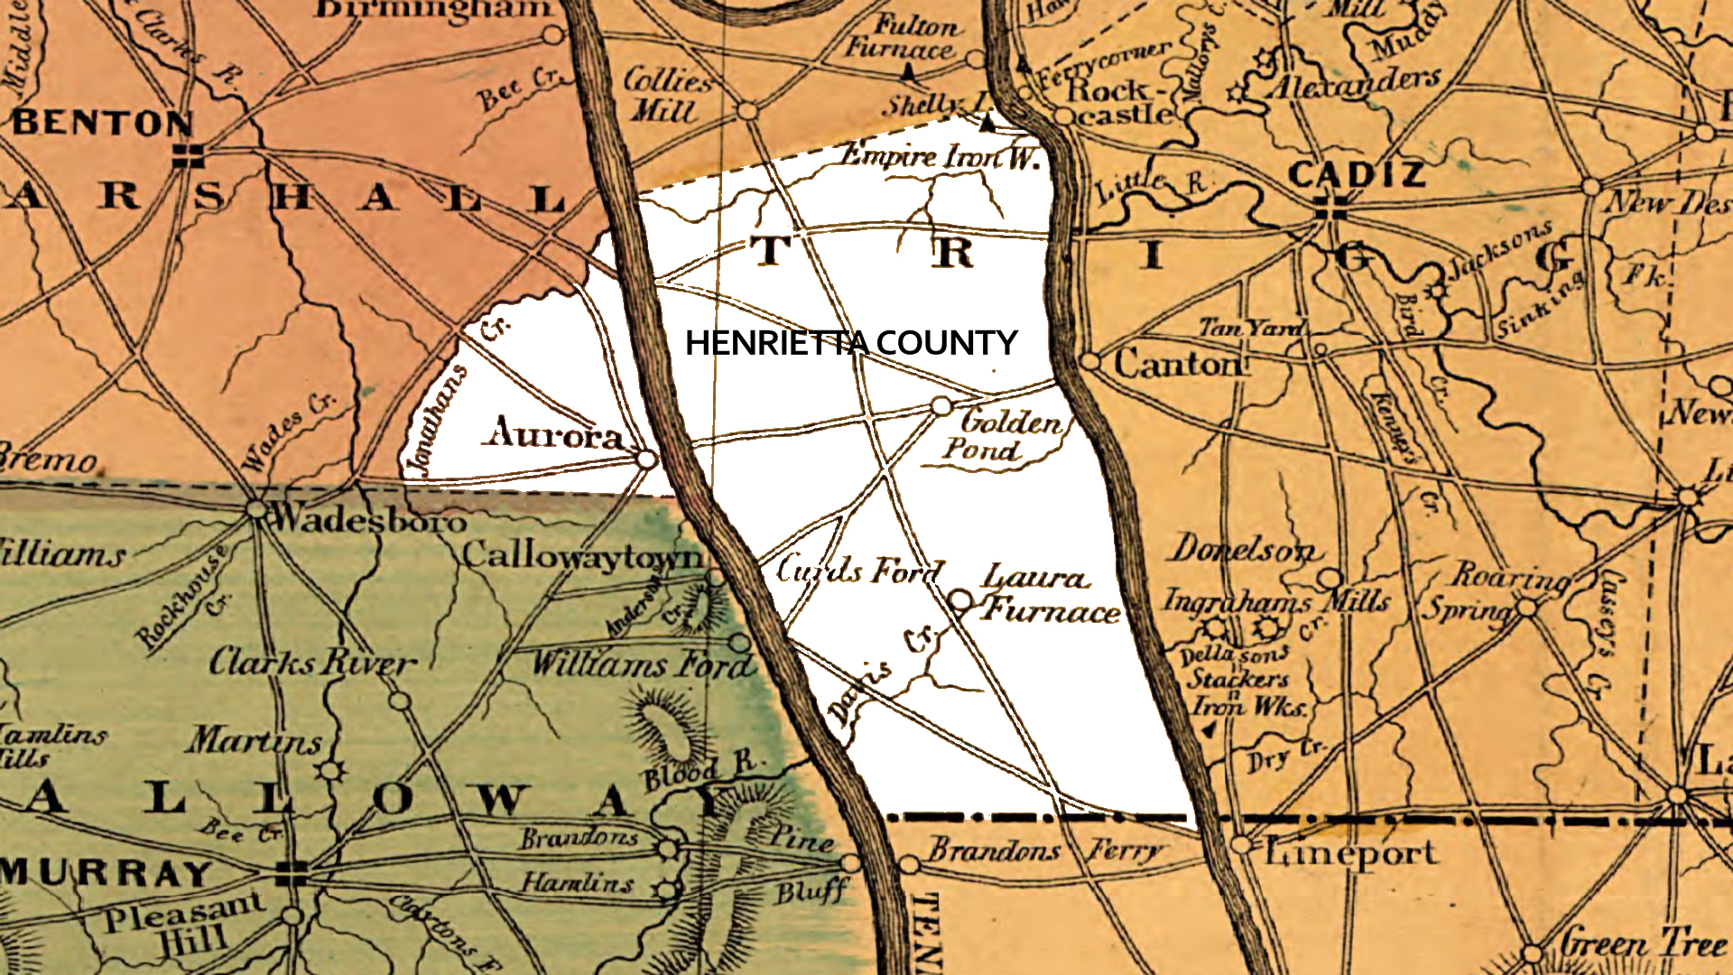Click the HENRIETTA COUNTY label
click(x=850, y=343)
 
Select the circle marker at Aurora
click(x=646, y=460)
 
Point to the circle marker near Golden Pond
click(x=941, y=406)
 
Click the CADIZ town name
click(x=1357, y=174)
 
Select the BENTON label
click(x=101, y=123)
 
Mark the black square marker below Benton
click(x=187, y=155)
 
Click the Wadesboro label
click(x=368, y=520)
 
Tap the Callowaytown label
click(x=582, y=555)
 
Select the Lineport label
click(x=1351, y=852)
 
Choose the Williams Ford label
click(x=641, y=665)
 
